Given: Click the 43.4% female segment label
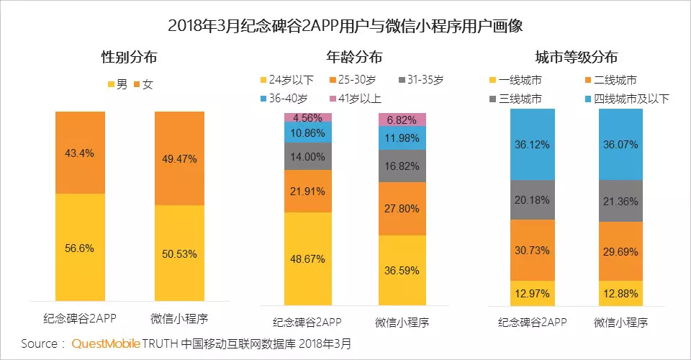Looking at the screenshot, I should coord(79,153).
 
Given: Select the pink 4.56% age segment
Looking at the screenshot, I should coord(308,117).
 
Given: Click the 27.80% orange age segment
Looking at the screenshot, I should coord(402,209).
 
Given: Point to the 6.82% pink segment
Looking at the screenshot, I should coord(402,120).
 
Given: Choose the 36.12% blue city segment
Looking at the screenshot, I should coord(533,144).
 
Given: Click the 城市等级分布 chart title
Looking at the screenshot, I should coord(576,58).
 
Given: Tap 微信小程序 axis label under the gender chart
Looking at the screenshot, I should coord(179,318).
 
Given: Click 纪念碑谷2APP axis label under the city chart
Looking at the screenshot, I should coord(533,321).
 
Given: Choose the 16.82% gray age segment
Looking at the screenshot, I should coord(402,166).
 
